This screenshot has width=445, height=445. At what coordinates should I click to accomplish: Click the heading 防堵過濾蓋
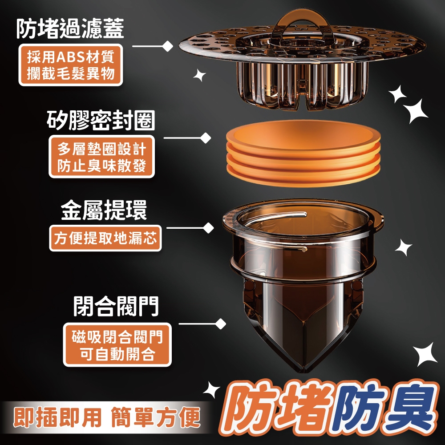coord(70,28)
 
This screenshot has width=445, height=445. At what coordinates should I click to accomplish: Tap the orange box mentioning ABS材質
coord(71,65)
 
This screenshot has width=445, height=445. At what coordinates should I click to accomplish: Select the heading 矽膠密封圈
coord(101,120)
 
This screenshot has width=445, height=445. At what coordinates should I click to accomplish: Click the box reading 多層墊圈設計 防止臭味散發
coord(101,157)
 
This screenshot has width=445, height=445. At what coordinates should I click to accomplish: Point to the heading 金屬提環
coord(104,210)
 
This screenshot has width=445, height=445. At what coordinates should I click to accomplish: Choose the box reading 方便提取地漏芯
coord(105,238)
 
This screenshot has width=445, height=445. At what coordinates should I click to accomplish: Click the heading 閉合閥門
coord(116,306)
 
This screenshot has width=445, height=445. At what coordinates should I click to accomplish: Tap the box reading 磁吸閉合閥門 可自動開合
coord(117,344)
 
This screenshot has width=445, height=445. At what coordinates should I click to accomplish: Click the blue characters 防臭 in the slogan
coord(384,411)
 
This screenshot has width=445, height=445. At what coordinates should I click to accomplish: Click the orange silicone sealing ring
coord(303,153)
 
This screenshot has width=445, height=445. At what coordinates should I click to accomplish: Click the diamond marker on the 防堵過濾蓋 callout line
coord(167,46)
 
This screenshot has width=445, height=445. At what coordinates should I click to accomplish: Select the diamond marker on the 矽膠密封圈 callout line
coord(206,138)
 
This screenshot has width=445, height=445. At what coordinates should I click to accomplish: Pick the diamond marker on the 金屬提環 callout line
coord(209,228)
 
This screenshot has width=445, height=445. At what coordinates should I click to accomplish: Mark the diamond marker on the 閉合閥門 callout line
coord(221,324)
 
